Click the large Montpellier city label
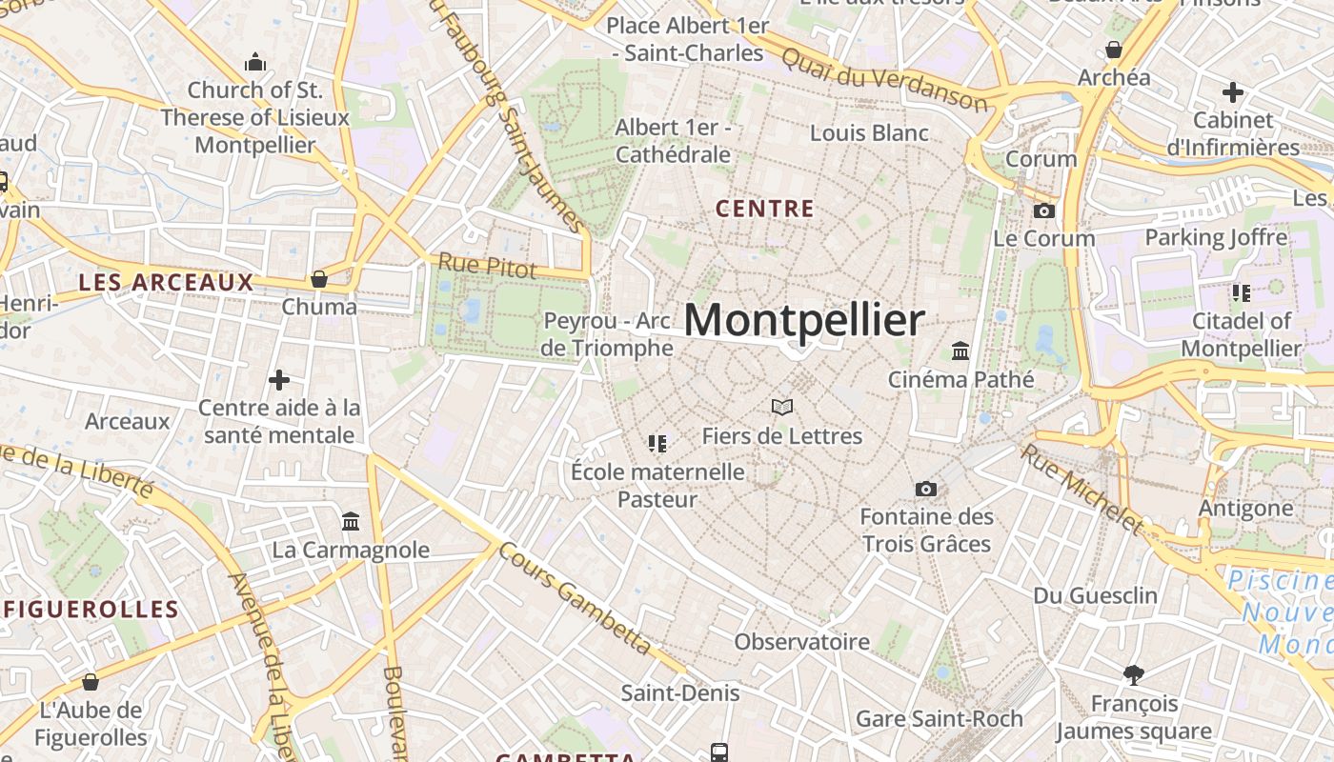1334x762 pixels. pos(803,321)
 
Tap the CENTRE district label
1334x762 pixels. pos(764,209)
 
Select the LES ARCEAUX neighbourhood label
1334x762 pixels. pos(166,282)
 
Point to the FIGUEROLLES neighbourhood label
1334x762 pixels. pos(91,610)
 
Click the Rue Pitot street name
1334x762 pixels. pos(487,266)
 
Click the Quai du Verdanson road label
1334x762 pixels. pos(883,77)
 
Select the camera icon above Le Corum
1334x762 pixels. pos(1044,211)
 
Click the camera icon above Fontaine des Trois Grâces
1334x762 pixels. pos(925,490)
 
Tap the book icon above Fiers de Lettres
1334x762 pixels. pos(782,408)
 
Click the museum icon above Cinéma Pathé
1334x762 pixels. pos(960,351)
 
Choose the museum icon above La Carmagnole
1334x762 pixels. pos(351,522)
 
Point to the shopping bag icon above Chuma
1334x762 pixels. pos(319,279)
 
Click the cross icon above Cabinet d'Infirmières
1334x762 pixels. pos(1233,92)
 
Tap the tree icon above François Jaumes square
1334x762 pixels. pos(1133,675)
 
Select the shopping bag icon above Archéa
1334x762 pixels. pos(1113,50)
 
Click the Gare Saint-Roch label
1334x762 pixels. pos(939,718)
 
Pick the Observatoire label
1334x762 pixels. pos(801,642)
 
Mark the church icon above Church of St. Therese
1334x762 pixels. pos(254,63)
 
